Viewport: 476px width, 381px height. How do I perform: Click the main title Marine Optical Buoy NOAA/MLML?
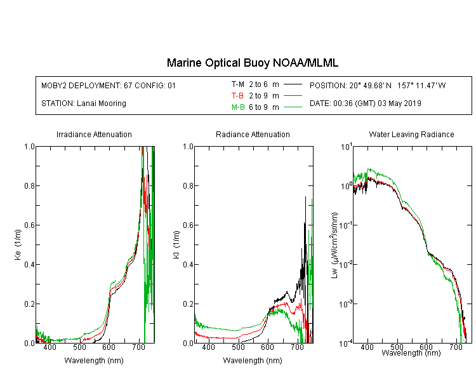(252, 63)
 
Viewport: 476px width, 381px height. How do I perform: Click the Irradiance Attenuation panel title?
(94, 134)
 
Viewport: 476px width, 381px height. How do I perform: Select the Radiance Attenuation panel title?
(253, 134)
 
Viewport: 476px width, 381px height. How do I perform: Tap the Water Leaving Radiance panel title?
(411, 134)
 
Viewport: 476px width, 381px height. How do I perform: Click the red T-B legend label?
(237, 96)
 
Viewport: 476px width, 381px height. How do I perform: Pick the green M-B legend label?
(238, 107)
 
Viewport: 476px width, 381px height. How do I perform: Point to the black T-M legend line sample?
(293, 84)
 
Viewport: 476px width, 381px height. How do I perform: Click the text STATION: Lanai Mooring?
(84, 104)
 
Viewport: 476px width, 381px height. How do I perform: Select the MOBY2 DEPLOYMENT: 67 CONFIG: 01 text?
(109, 86)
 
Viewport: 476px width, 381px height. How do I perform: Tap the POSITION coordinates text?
(378, 86)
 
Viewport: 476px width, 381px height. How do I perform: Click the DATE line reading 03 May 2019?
(365, 104)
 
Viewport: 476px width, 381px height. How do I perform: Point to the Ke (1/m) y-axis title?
(18, 244)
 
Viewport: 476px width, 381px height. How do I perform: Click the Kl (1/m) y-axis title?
(176, 244)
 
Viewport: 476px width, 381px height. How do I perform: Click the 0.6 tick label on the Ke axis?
(29, 225)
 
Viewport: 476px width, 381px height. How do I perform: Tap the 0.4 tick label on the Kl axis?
(188, 265)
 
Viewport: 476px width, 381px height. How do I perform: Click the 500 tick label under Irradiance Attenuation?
(79, 347)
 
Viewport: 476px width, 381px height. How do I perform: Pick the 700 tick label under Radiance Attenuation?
(297, 347)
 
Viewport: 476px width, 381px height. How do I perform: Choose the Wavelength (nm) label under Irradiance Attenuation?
(94, 361)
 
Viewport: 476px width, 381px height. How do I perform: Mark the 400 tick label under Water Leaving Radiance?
(367, 347)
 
